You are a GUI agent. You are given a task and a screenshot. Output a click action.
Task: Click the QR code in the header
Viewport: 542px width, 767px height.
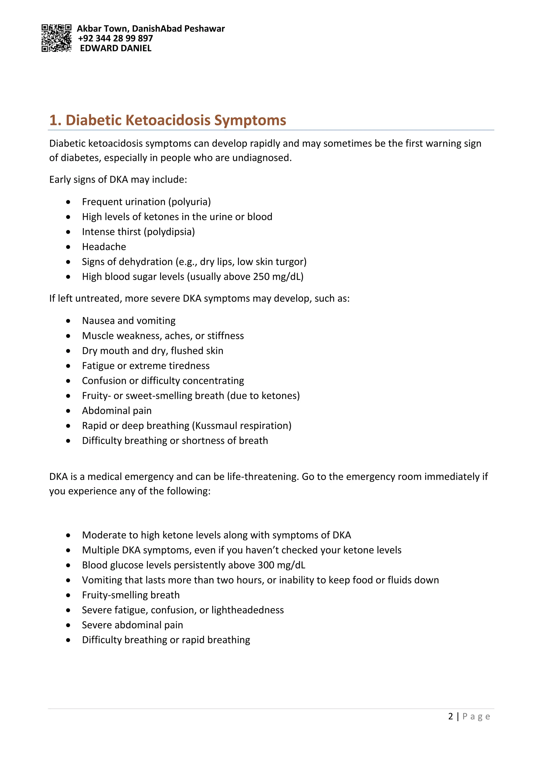(x=56, y=38)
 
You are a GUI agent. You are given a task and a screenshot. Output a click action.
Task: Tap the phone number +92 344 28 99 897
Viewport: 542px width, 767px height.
(x=115, y=38)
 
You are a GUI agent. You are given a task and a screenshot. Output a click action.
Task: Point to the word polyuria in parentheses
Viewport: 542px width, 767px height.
(x=189, y=202)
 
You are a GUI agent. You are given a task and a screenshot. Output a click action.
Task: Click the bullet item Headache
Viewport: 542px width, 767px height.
(x=104, y=247)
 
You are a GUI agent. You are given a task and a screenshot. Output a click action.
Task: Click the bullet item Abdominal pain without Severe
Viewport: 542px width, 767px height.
(x=116, y=411)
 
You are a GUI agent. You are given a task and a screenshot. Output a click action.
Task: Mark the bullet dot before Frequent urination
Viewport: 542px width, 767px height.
(x=68, y=202)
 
